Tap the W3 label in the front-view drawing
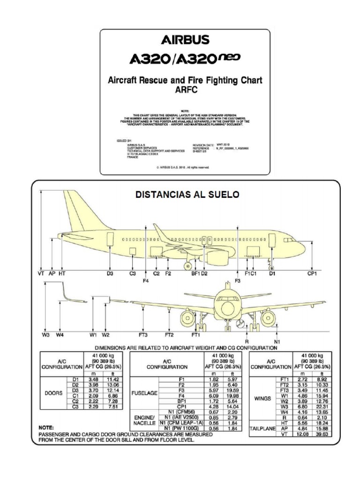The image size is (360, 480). [x=45, y=335]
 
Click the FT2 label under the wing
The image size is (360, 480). [x=169, y=335]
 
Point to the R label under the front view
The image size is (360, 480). [x=247, y=341]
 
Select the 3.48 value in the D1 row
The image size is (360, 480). [x=94, y=379]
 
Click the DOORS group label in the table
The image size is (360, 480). [x=53, y=394]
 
